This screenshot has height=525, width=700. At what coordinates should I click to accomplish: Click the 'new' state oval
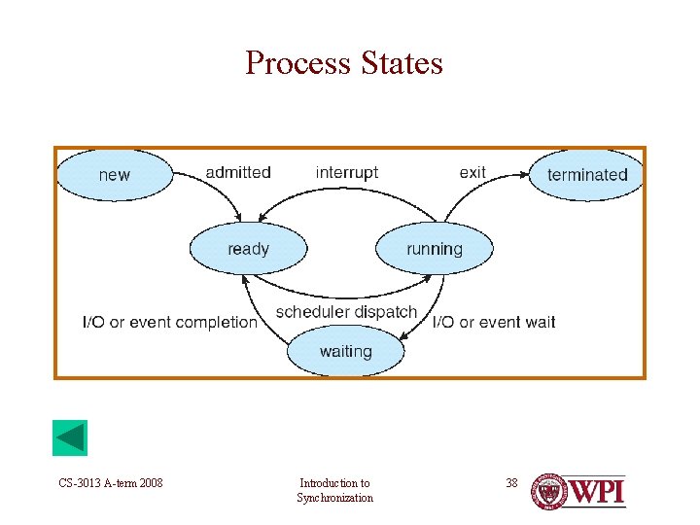[114, 175]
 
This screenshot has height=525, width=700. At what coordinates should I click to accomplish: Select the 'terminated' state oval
[587, 175]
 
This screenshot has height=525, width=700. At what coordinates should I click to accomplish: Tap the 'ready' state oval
[248, 249]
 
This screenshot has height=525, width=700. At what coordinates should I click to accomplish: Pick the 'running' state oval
[434, 249]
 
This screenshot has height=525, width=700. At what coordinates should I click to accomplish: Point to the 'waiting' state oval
[345, 351]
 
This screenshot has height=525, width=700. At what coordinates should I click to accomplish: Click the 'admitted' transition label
[238, 172]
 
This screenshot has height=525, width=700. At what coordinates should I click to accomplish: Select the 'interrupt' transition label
[346, 172]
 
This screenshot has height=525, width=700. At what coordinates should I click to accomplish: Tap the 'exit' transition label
[472, 172]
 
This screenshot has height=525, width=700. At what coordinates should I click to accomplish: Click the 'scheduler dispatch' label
[346, 312]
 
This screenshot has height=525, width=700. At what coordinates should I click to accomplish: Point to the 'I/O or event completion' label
[170, 322]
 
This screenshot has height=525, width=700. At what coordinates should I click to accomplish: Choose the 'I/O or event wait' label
[494, 322]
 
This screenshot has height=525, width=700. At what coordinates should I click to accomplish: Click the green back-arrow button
[70, 438]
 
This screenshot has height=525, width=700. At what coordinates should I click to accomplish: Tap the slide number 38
[512, 483]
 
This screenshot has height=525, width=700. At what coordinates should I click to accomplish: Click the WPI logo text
[596, 491]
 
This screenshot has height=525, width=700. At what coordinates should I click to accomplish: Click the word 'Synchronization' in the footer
[334, 498]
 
